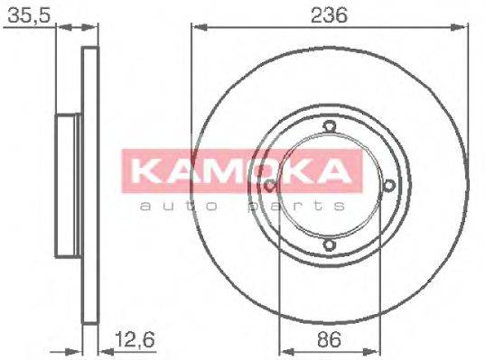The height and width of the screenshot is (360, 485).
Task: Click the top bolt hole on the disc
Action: tap(330, 126)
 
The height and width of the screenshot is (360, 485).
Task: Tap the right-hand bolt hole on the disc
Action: tap(388, 185)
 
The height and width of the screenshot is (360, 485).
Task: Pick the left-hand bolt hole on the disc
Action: tap(271, 186)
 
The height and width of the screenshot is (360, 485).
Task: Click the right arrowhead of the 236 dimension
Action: tap(464, 28)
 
